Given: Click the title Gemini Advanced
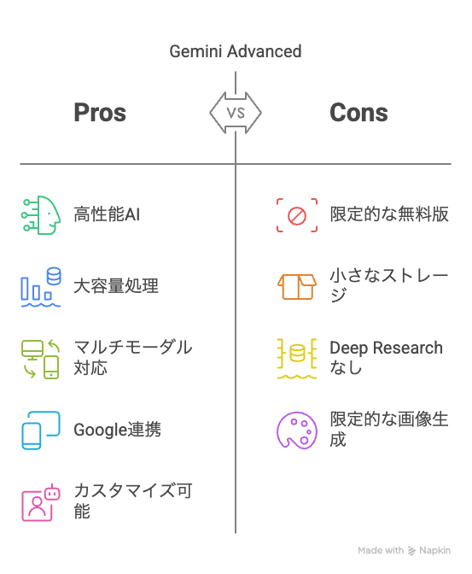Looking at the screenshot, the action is [236, 51].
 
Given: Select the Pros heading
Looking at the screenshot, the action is [100, 113].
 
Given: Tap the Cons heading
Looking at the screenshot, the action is [358, 113].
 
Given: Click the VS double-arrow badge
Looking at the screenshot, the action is [236, 113].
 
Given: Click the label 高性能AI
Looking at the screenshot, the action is [107, 214].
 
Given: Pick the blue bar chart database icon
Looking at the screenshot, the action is [41, 287].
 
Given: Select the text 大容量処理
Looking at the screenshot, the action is [116, 286].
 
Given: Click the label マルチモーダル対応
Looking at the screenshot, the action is [133, 357].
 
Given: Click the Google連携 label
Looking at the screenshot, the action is [118, 430].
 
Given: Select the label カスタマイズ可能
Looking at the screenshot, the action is [133, 501].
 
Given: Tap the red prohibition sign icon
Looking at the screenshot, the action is [297, 215].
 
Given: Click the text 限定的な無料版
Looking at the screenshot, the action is [389, 214].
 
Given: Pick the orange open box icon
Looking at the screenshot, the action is [297, 287].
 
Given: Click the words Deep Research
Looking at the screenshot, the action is [386, 348].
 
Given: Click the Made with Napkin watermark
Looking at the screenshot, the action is [404, 550].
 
